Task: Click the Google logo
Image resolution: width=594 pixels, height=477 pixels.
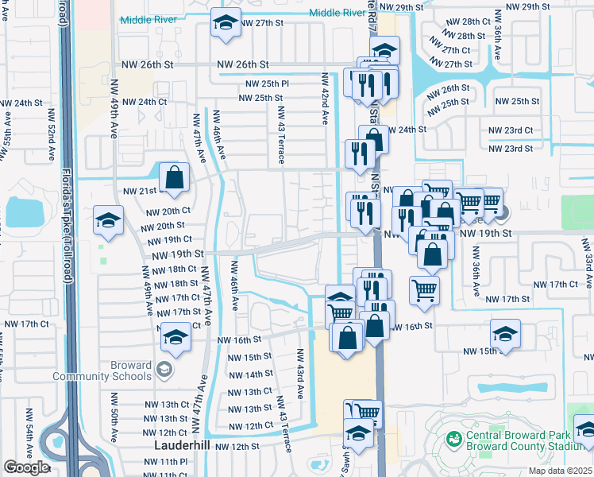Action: click(26, 467)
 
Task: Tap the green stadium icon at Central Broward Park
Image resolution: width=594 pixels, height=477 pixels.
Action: click(453, 438)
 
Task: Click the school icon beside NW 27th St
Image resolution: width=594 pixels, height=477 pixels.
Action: click(226, 25)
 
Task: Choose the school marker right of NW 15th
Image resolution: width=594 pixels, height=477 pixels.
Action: click(505, 335)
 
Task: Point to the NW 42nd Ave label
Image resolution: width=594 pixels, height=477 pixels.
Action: click(325, 99)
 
